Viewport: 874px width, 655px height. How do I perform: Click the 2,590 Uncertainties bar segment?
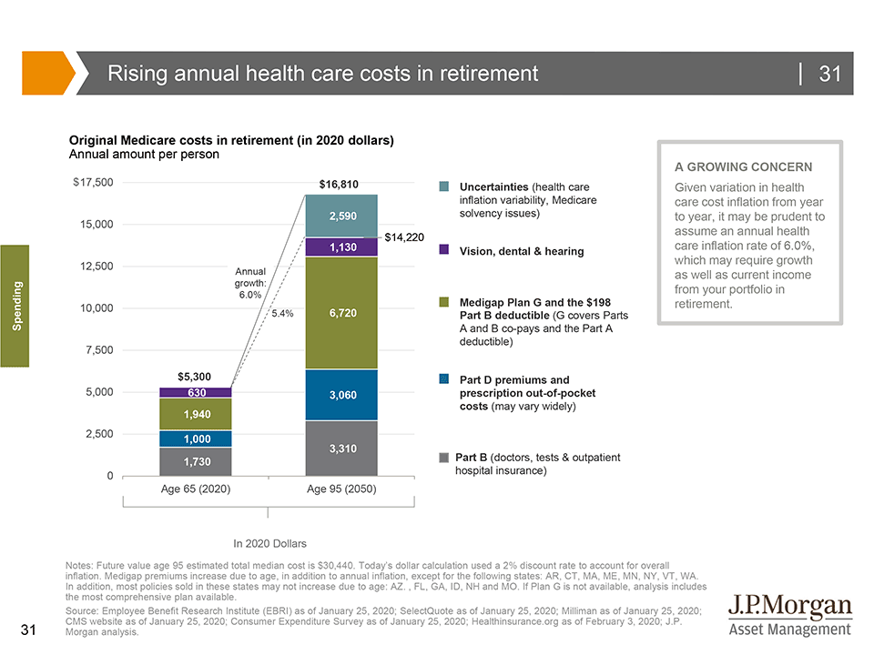(341, 216)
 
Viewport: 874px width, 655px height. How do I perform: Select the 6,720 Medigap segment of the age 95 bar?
(341, 313)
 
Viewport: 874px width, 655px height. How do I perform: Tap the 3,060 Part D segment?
(341, 395)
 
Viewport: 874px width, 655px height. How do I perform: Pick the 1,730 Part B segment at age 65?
(196, 462)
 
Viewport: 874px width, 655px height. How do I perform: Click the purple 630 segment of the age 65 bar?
(196, 393)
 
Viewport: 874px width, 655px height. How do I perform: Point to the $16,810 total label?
(339, 185)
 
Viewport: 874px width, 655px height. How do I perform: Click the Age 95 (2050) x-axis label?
(341, 489)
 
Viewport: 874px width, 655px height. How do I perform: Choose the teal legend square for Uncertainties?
(444, 186)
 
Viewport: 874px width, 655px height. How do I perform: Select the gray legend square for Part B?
(444, 457)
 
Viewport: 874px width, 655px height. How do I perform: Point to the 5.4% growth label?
(282, 313)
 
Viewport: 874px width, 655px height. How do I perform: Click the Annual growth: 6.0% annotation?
(249, 283)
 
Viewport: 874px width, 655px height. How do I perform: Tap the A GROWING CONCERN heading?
(743, 167)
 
